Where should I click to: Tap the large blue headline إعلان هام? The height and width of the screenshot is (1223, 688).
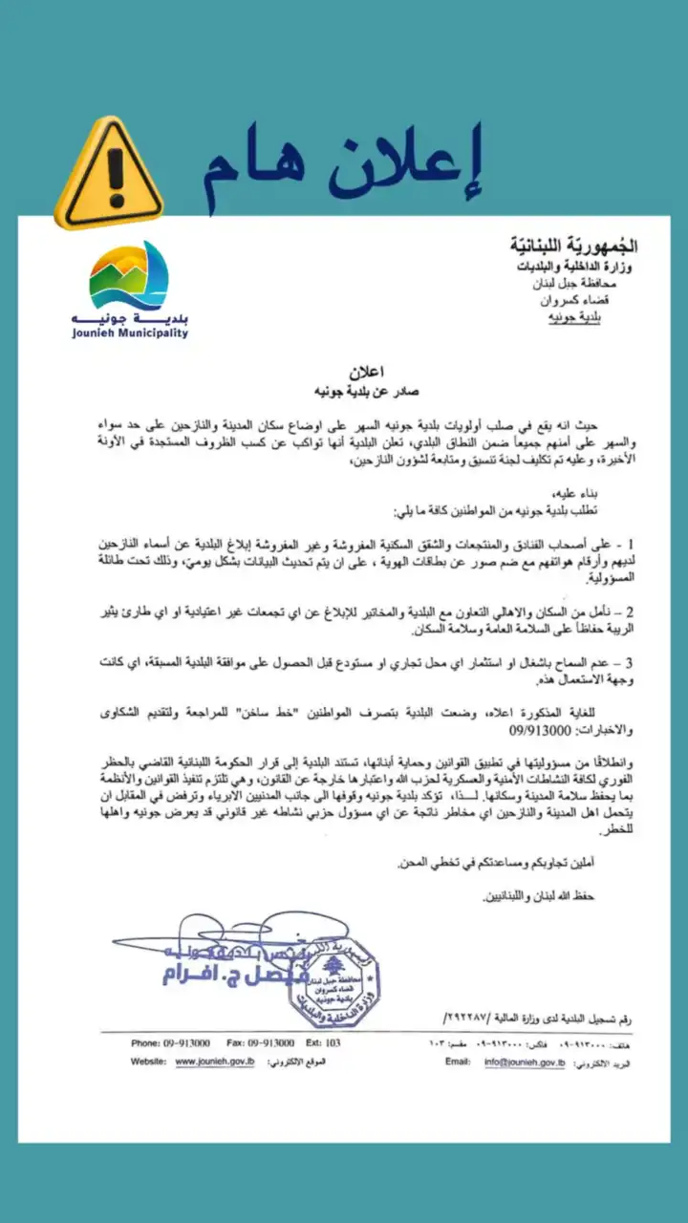(340, 168)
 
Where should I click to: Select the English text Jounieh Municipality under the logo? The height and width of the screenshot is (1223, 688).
(129, 333)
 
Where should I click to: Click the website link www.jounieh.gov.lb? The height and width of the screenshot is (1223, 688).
(215, 1062)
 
